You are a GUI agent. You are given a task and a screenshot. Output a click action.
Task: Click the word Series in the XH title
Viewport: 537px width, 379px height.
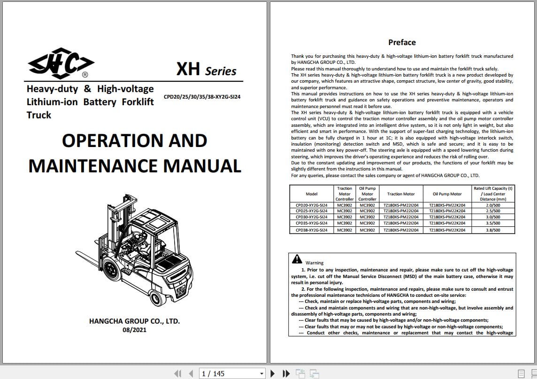click(x=220, y=71)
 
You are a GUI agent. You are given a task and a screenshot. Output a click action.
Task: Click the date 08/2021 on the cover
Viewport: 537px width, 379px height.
click(x=134, y=330)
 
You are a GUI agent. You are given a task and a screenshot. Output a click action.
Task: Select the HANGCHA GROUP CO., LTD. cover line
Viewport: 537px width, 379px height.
click(x=134, y=321)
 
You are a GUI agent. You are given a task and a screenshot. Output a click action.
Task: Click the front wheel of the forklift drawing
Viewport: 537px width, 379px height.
click(x=112, y=270)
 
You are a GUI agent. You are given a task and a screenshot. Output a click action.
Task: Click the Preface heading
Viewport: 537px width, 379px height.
click(x=402, y=42)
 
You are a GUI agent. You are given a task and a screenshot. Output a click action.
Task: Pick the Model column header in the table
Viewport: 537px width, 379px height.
click(x=312, y=193)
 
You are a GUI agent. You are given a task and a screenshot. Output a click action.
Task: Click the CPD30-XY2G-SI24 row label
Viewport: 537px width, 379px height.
click(x=312, y=217)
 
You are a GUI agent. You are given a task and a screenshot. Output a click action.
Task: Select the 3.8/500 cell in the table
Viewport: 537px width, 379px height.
click(x=493, y=230)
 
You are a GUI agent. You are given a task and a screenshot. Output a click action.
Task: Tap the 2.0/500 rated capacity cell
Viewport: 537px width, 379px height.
click(x=493, y=205)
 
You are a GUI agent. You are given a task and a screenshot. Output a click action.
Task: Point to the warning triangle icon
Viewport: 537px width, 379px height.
click(x=297, y=259)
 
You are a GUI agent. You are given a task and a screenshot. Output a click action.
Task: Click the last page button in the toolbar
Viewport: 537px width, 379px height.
click(x=286, y=374)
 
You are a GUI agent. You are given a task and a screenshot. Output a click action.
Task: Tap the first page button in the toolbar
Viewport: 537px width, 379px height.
click(x=177, y=374)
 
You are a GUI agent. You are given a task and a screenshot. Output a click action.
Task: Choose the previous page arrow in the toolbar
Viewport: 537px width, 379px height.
click(x=191, y=374)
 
